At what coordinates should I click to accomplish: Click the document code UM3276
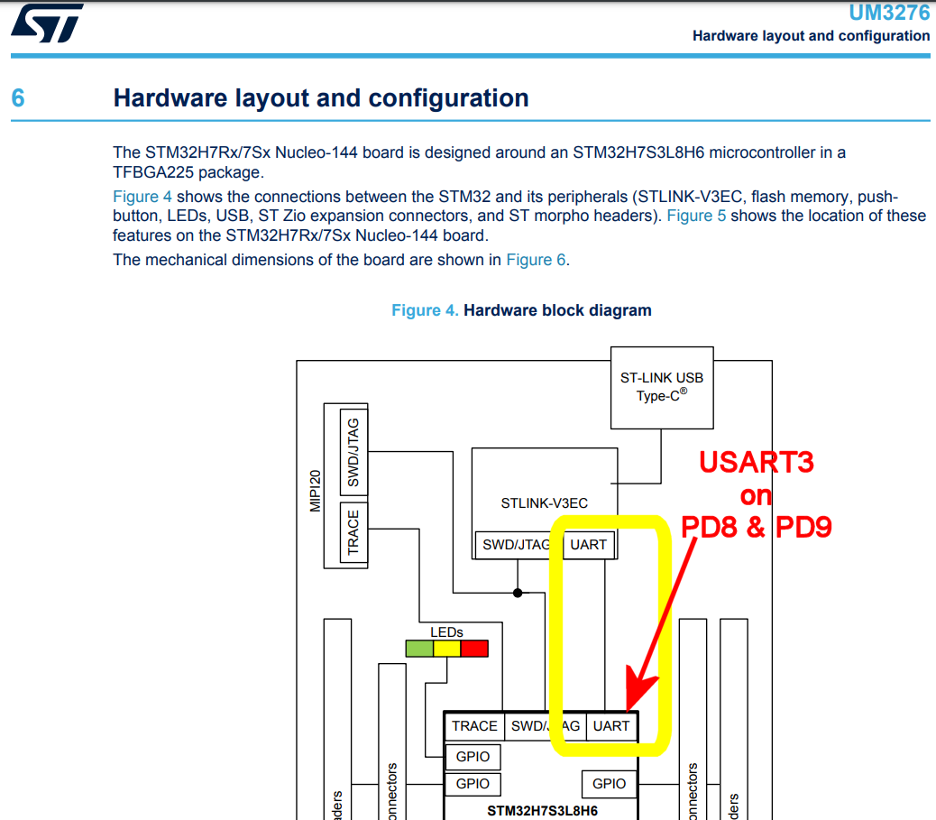click(889, 13)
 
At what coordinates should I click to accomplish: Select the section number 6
click(18, 97)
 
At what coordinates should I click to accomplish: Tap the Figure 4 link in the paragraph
click(142, 197)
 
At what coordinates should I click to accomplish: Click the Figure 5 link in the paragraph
click(695, 216)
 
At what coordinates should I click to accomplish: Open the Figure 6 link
click(536, 260)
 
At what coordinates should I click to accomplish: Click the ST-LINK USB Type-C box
click(661, 387)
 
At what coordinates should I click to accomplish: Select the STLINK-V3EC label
click(544, 502)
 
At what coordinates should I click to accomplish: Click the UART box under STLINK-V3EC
click(588, 545)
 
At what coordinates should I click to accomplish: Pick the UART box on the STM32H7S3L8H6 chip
click(610, 726)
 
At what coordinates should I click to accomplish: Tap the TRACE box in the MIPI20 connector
click(353, 532)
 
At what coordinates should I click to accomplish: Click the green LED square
click(419, 648)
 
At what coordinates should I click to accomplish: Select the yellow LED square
click(446, 648)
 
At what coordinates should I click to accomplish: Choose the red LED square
click(474, 648)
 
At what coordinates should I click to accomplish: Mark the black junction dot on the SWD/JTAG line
click(518, 593)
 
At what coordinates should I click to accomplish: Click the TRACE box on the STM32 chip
click(474, 726)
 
